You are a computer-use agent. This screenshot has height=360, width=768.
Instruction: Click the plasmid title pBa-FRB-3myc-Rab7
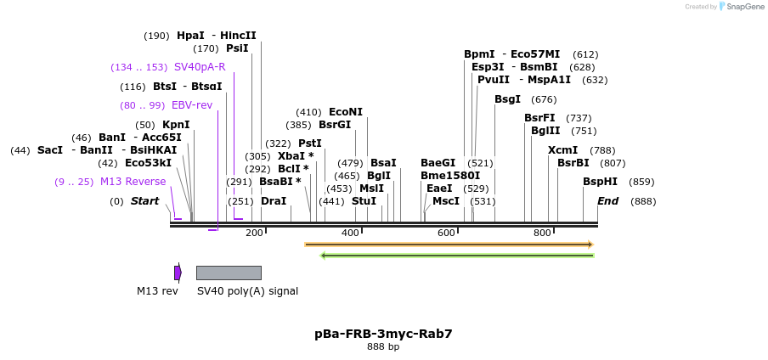(x=383, y=334)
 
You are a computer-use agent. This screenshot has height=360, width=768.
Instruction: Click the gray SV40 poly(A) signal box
(x=229, y=273)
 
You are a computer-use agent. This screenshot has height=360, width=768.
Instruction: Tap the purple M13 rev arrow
(x=178, y=273)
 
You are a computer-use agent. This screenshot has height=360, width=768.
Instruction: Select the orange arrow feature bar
(x=449, y=245)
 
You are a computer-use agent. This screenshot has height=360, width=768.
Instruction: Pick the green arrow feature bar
(x=457, y=255)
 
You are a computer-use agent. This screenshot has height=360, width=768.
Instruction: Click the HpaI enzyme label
(x=190, y=36)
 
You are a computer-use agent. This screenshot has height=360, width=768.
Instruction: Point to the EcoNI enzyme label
(x=346, y=112)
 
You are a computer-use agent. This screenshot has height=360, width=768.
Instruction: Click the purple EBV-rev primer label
(x=192, y=105)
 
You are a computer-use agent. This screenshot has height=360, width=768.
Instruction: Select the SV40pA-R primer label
(x=200, y=67)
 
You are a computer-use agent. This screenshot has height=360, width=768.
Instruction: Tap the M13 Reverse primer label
(x=133, y=182)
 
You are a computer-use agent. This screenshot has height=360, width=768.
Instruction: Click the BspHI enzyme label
(x=600, y=182)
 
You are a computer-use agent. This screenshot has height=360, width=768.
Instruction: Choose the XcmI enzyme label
(x=562, y=150)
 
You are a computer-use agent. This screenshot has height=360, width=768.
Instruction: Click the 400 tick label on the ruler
(x=350, y=233)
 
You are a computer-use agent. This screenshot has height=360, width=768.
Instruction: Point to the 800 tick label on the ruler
(x=542, y=233)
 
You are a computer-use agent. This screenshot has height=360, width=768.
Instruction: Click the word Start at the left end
(x=144, y=201)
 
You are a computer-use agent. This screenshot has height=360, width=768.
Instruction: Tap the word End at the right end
(x=607, y=201)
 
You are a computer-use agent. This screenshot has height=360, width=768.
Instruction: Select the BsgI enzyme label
(x=507, y=99)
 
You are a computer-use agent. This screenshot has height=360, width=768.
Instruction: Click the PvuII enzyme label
(x=494, y=80)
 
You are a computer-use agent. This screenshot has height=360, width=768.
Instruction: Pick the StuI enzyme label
(x=364, y=201)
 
